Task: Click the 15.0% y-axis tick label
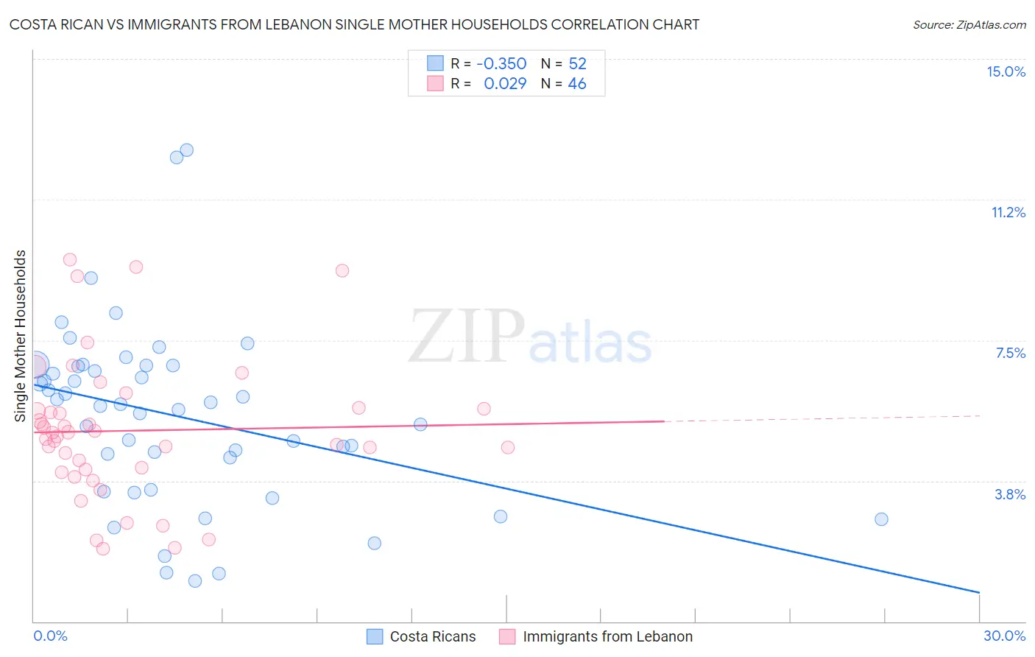(x=1006, y=71)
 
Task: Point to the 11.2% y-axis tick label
(x=1008, y=212)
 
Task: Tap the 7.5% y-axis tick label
(x=1010, y=353)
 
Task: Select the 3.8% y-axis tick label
(x=1010, y=494)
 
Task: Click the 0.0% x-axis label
(x=50, y=636)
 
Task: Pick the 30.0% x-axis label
(x=1004, y=636)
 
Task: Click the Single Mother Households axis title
(x=21, y=336)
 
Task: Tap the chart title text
(x=354, y=24)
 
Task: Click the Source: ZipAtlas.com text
(x=969, y=24)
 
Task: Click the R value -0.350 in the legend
(x=501, y=63)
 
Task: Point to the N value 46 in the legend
(x=577, y=84)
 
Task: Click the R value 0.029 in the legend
(x=505, y=84)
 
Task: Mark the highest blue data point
(x=187, y=150)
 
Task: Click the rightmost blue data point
(x=881, y=519)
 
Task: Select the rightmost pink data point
(x=507, y=447)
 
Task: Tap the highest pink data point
(x=70, y=259)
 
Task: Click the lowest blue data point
(x=195, y=581)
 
